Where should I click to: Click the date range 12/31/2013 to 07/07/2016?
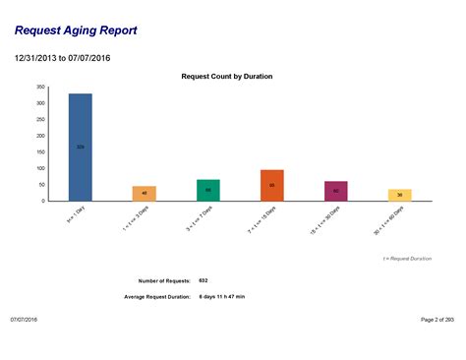62,58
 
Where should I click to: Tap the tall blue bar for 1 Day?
80,148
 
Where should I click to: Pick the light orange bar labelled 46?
145,193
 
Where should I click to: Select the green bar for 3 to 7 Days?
208,190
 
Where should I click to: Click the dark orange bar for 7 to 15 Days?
272,185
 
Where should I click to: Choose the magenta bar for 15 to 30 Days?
336,191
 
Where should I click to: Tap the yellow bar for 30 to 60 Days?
399,195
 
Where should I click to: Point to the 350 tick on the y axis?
40,88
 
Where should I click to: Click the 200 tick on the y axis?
40,136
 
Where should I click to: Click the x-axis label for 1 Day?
75,215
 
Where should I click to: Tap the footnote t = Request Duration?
407,258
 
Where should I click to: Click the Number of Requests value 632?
204,280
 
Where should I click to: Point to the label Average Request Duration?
157,296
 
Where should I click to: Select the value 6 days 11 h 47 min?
222,296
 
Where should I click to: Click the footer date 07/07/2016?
25,320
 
